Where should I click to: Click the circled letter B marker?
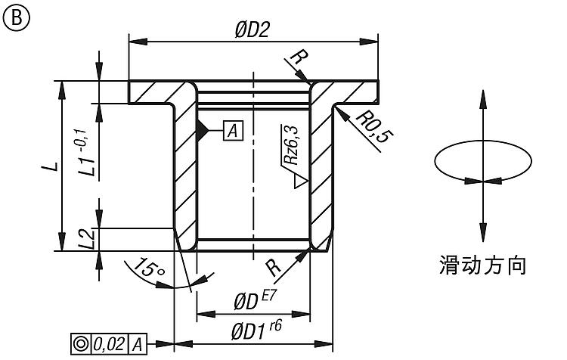tap(17, 17)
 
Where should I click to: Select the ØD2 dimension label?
tap(252, 29)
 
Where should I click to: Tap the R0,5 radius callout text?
tap(374, 126)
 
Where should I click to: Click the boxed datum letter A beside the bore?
tap(233, 130)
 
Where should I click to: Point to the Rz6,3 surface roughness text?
tap(291, 144)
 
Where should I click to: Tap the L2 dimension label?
tap(87, 239)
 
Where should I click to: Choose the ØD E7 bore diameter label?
tap(255, 300)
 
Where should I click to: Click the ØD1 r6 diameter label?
tap(256, 331)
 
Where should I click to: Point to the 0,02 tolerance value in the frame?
tap(110, 343)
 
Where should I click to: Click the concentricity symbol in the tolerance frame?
tap(81, 343)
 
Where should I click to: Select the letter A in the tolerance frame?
tap(137, 344)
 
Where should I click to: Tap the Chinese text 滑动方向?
tap(482, 265)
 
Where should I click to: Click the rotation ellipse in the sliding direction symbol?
tap(483, 141)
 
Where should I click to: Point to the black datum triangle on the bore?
tap(203, 130)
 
